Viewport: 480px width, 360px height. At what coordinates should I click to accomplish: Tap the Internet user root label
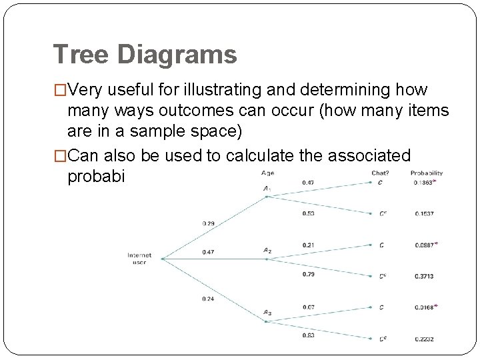(x=140, y=258)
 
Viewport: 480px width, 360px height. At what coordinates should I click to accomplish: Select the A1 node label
(x=267, y=189)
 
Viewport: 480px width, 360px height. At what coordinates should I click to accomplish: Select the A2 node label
(x=267, y=251)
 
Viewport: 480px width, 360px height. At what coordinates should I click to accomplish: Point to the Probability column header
(x=427, y=173)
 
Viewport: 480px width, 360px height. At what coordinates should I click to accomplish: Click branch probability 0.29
(x=208, y=223)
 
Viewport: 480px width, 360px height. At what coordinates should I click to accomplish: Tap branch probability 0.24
(x=208, y=298)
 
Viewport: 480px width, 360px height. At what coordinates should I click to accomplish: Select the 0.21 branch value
(x=308, y=245)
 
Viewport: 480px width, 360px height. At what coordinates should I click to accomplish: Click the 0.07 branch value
(x=308, y=307)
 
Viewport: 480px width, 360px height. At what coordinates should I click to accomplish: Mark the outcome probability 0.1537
(x=423, y=214)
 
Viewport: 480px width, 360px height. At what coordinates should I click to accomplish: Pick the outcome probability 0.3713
(x=423, y=275)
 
